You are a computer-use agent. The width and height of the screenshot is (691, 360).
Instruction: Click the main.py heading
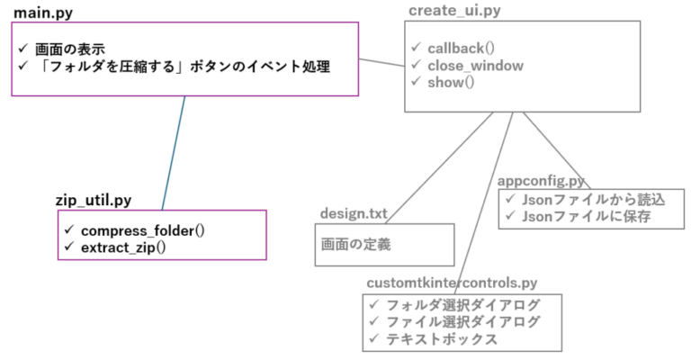43,13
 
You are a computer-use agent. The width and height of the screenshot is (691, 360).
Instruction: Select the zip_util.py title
94,201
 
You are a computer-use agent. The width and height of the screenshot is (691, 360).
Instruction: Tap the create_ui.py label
454,11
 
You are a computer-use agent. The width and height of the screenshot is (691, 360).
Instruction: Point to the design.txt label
354,213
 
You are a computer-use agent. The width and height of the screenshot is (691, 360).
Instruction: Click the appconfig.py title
541,181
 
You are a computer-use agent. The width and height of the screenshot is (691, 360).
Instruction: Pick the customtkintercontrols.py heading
452,283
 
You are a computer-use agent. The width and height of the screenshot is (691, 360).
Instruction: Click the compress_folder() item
143,231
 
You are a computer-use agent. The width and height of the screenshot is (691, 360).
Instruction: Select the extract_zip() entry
123,247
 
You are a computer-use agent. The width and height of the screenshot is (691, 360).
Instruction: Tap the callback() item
461,48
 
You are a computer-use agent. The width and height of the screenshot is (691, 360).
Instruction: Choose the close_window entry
475,66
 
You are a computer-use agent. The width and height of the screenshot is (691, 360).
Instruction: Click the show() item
451,83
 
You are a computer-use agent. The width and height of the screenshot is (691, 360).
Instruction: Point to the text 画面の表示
70,49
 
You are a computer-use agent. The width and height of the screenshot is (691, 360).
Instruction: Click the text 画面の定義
355,245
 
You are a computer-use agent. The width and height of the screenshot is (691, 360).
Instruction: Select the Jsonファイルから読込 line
594,200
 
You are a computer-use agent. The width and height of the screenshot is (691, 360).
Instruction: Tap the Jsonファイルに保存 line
586,216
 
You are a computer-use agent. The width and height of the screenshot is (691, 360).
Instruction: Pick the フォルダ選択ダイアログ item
463,305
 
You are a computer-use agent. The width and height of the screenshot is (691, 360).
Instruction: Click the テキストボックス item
442,339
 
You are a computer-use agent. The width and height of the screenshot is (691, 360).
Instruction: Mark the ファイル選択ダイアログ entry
463,322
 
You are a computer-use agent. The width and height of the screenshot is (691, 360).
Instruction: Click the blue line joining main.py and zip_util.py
174,153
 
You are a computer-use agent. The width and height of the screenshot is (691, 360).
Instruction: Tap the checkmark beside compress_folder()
69,229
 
